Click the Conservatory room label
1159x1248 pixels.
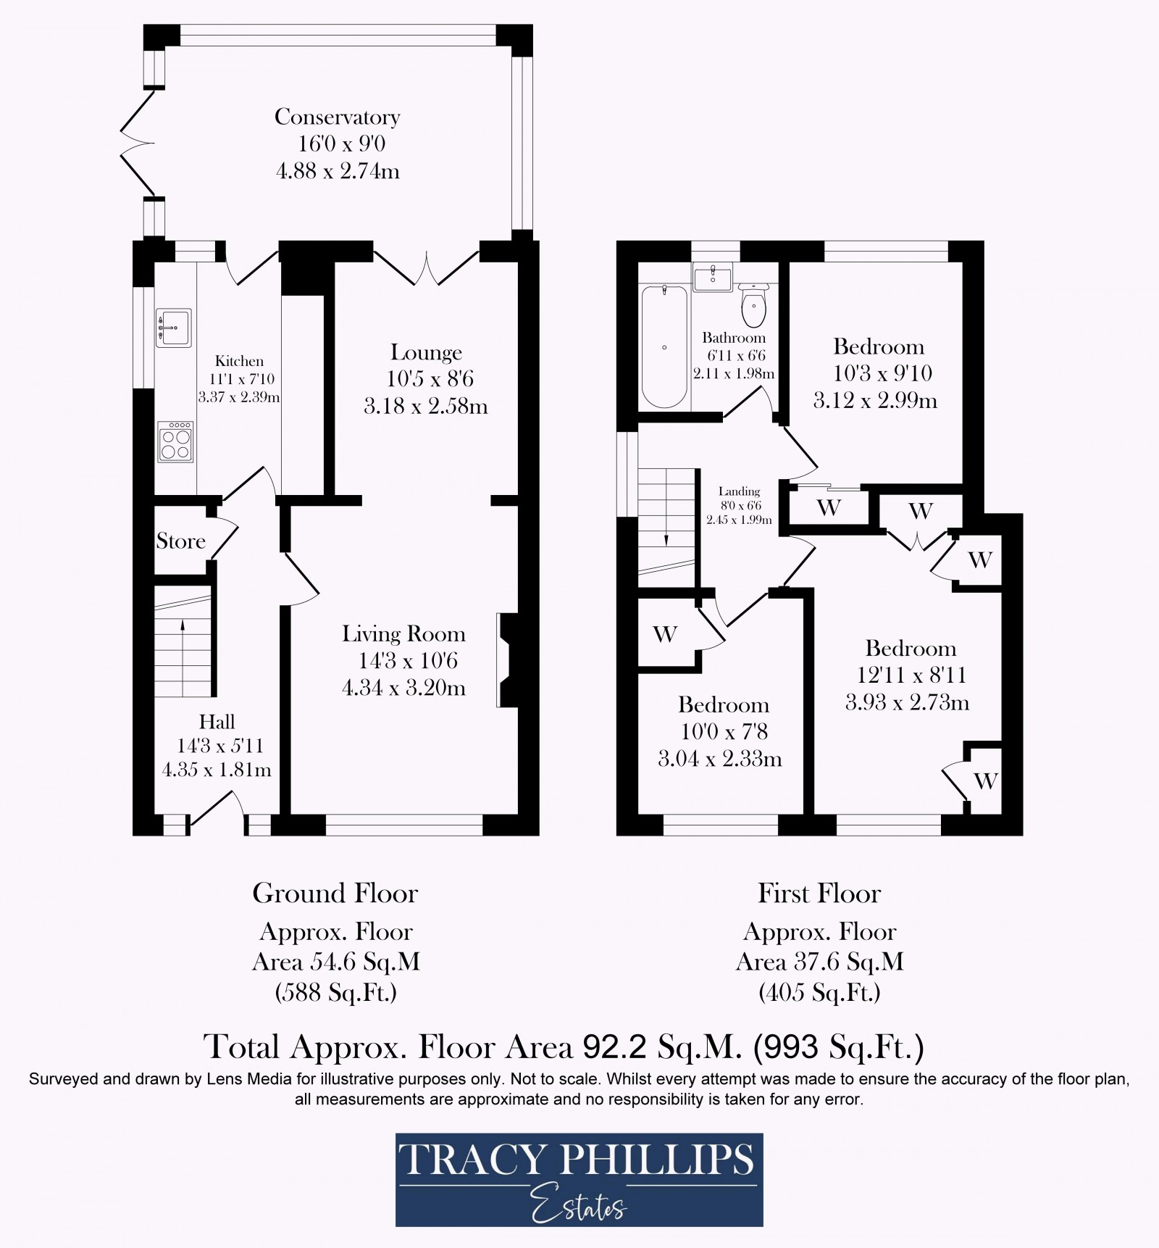click(x=337, y=117)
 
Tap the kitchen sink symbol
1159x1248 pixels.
click(x=174, y=327)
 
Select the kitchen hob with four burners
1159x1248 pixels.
click(x=175, y=441)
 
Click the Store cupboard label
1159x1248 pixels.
click(x=180, y=541)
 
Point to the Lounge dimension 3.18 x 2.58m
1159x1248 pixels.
click(x=425, y=406)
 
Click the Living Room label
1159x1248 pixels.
click(x=403, y=634)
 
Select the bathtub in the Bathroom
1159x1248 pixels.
click(x=664, y=346)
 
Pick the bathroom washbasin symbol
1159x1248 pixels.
click(x=713, y=277)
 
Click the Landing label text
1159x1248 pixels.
click(x=739, y=491)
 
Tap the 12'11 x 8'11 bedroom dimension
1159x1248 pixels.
click(x=911, y=675)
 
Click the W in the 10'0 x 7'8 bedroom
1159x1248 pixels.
click(x=664, y=635)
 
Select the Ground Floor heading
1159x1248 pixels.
click(x=335, y=894)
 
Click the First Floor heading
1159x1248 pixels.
click(x=819, y=894)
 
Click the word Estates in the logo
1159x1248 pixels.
click(x=579, y=1207)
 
